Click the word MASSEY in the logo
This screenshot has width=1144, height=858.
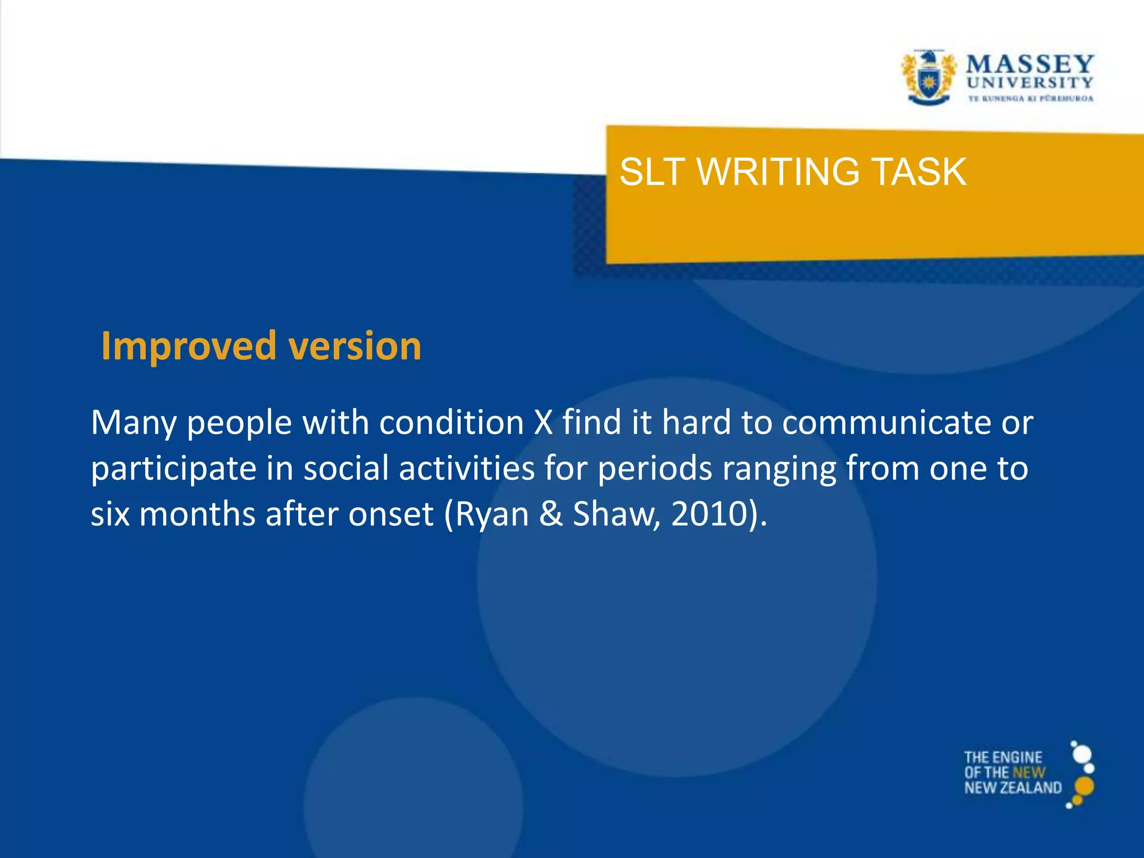(x=1030, y=65)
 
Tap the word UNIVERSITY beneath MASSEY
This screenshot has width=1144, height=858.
(x=1030, y=83)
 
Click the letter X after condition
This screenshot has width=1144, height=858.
(x=543, y=422)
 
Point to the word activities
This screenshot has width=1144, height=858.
(x=467, y=468)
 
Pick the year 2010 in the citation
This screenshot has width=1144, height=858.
(x=709, y=514)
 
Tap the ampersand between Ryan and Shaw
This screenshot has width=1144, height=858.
(x=551, y=514)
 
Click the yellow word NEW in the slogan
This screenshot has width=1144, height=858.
(x=1029, y=773)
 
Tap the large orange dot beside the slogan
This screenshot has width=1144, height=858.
(x=1084, y=786)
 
